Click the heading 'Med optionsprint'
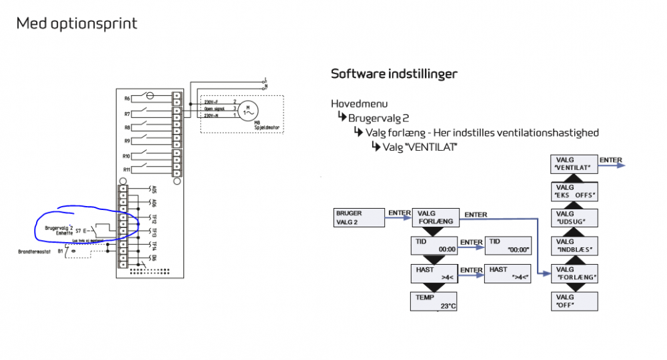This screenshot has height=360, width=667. pos(77,24)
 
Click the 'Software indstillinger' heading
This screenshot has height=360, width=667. pos(394,73)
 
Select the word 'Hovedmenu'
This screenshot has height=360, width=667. pos(359,104)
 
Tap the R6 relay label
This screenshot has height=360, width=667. pos(127,99)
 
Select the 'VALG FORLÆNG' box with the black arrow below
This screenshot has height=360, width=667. pos(436,217)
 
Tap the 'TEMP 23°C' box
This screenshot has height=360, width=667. pos(433,301)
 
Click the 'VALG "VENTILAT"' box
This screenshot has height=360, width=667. pos(574,164)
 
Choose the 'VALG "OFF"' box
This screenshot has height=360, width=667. pos(574,301)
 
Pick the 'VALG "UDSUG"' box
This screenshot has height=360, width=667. pos(574,218)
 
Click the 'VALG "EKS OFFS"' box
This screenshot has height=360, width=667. pos(574,192)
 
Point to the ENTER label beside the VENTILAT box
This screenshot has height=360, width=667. pos(611,160)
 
